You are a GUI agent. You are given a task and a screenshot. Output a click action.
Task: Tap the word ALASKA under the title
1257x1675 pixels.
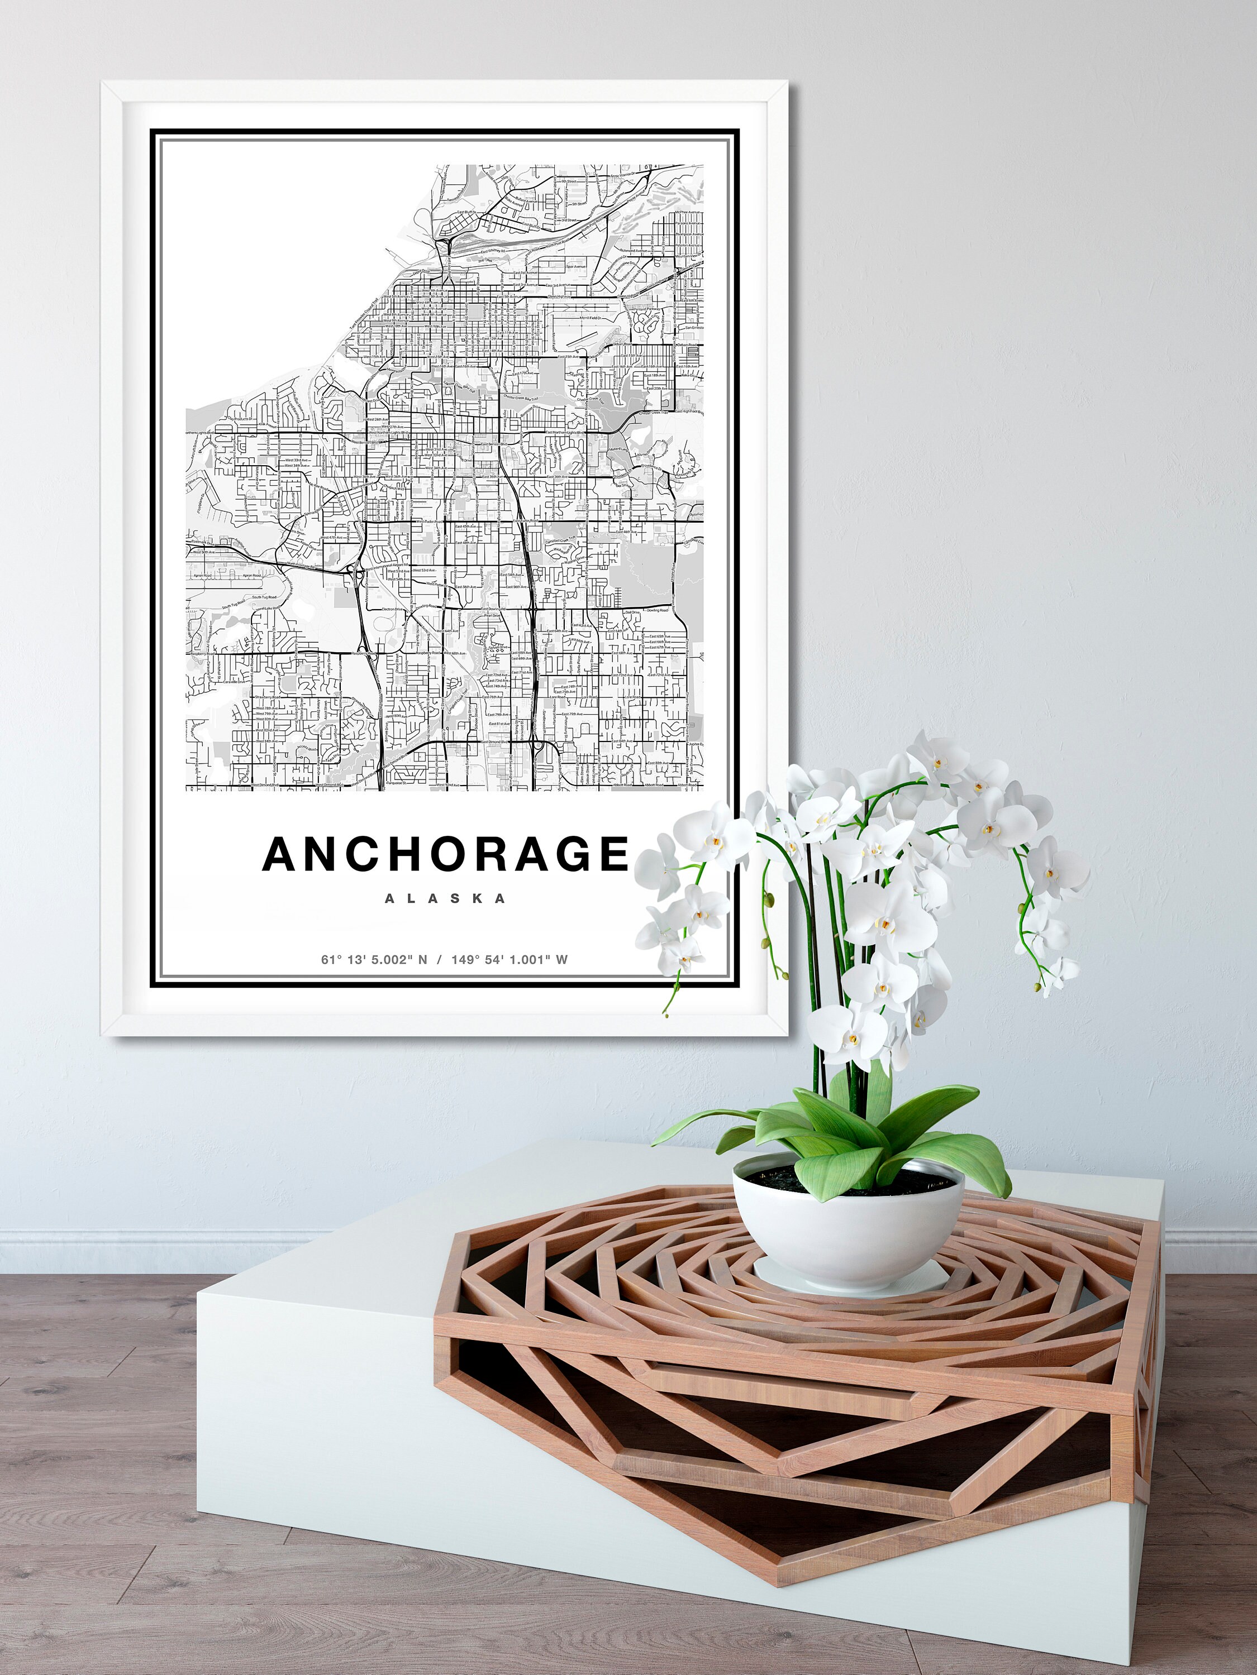[x=445, y=899]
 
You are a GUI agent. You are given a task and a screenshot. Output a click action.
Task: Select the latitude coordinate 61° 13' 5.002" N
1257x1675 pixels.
[x=374, y=959]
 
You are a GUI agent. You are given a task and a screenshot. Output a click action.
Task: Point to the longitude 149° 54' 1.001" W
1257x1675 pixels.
[x=509, y=959]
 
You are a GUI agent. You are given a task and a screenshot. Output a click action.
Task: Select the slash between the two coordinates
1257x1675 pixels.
[x=440, y=959]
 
